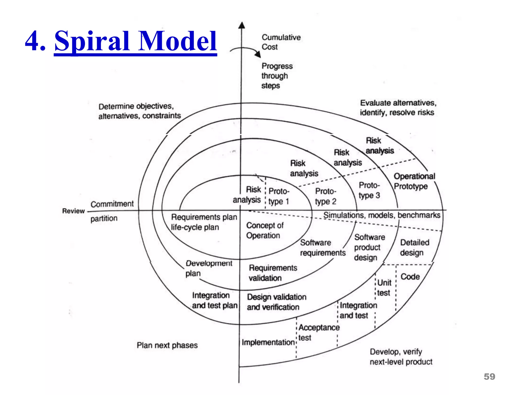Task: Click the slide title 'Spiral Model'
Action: [x=136, y=41]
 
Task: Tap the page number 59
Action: [x=489, y=376]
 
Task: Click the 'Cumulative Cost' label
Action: [x=281, y=42]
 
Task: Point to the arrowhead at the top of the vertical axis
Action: [x=241, y=25]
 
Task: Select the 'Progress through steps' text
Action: [x=277, y=76]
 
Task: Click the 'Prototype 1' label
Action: [x=279, y=196]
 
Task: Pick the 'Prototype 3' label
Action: [x=369, y=191]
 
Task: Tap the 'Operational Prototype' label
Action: [x=414, y=181]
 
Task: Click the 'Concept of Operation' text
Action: [x=264, y=230]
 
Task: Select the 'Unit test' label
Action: [x=384, y=288]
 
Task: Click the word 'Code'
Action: [x=410, y=277]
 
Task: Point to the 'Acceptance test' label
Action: [x=319, y=332]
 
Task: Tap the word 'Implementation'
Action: [x=268, y=342]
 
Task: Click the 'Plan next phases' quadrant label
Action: [x=167, y=345]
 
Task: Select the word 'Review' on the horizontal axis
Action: [x=73, y=211]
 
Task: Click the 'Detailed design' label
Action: [x=414, y=247]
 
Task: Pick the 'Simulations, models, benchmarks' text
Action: [x=382, y=215]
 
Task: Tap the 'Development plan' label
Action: [x=208, y=268]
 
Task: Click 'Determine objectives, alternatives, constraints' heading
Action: [x=139, y=111]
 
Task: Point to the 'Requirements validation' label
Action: [x=273, y=273]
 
